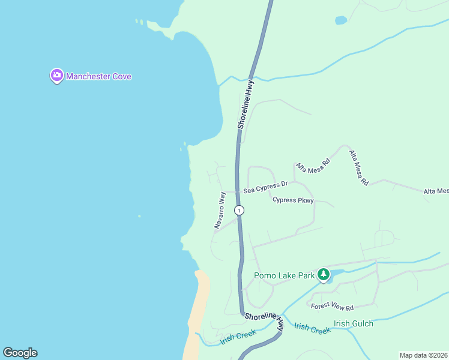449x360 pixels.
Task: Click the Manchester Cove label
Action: pos(98,76)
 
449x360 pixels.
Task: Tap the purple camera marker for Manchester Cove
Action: pos(56,76)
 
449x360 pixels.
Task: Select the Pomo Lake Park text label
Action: pos(284,276)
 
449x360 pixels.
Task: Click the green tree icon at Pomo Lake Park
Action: pos(324,275)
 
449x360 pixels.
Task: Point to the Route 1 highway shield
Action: pos(240,210)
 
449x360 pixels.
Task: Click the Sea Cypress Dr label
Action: pos(265,188)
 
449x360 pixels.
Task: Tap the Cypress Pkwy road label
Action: pos(293,200)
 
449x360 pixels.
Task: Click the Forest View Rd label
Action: pos(332,306)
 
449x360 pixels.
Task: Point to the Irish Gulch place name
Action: pos(354,323)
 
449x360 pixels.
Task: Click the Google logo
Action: pos(20,353)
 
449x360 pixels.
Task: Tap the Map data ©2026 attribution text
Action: pos(423,355)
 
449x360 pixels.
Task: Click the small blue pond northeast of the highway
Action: pos(341,20)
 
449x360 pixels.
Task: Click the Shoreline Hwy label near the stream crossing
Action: pos(246,105)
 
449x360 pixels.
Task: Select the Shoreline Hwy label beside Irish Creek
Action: pos(272,319)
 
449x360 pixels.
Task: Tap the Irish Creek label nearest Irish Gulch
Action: pos(312,329)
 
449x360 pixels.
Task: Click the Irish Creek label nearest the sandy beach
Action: pos(238,337)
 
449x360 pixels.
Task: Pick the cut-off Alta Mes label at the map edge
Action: pos(436,191)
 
